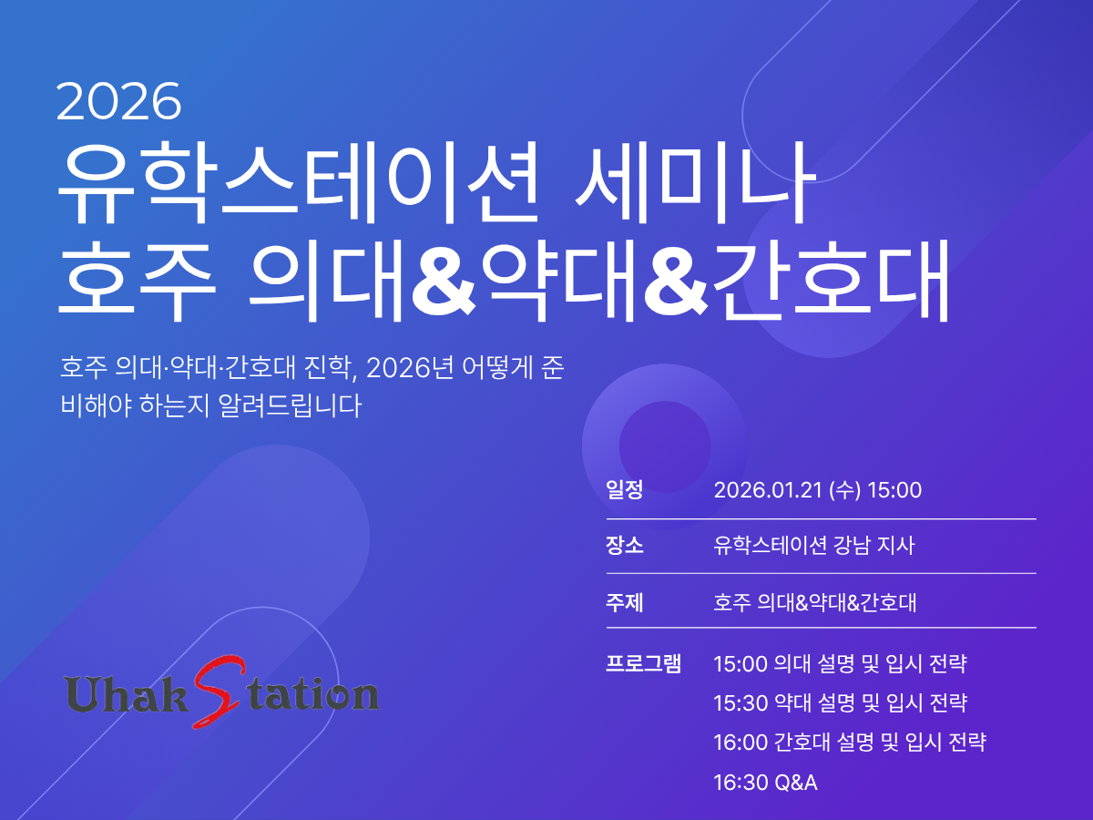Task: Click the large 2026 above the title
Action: [118, 101]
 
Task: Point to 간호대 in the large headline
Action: [830, 281]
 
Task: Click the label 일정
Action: [625, 490]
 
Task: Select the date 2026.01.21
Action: [768, 490]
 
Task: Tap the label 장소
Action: [625, 545]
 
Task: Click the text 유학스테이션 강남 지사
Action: [814, 545]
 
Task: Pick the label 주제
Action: [625, 602]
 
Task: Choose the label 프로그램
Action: [643, 663]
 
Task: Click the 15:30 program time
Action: [741, 703]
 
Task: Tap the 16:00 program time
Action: [741, 743]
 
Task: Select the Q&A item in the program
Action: [796, 783]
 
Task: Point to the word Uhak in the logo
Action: [127, 693]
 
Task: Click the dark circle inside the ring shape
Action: [665, 446]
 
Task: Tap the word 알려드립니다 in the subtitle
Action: [290, 405]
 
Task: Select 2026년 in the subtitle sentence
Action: [410, 368]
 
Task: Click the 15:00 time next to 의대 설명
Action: [741, 664]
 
